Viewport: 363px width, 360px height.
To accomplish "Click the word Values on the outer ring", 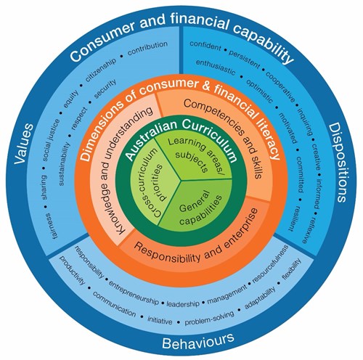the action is pos(24,144).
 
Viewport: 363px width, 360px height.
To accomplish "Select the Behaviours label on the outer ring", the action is pos(198,341).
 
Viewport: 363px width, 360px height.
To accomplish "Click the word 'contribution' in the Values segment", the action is pos(147,48).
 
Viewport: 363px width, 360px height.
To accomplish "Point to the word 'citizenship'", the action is pos(100,70).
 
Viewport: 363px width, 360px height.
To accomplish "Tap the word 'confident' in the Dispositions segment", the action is pos(205,46).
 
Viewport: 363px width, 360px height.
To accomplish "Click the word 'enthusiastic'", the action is pos(216,67).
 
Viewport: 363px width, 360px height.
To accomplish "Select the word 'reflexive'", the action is pos(308,230).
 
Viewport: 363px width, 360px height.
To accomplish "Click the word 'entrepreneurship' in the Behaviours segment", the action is pos(134,292).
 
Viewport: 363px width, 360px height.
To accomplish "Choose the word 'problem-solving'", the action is pos(210,319).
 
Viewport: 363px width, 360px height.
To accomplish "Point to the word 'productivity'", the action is pos(73,270).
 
